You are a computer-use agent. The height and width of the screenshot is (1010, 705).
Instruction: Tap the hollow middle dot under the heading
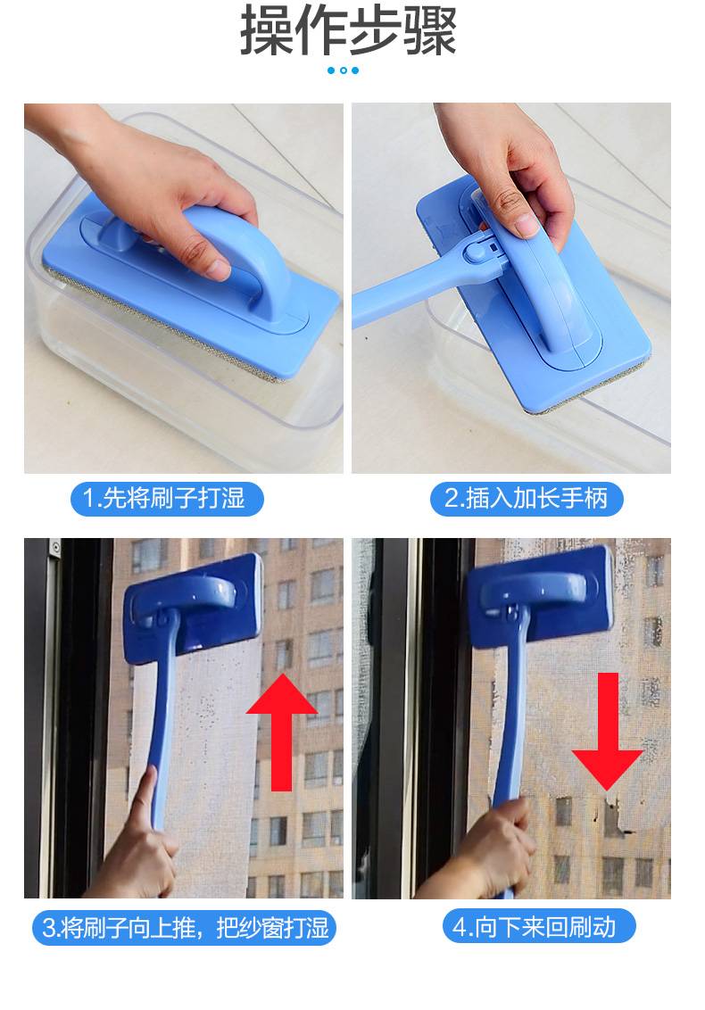pos(344,70)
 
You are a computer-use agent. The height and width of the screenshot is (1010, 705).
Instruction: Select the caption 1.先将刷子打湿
pos(166,499)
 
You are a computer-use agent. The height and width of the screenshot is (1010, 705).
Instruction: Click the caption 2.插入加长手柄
pos(526,499)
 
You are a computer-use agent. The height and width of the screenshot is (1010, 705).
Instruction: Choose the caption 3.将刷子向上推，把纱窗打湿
pos(185,928)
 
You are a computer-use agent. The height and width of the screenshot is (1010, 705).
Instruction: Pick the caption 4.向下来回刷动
pos(539,927)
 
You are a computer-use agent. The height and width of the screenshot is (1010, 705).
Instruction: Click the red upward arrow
pos(282,732)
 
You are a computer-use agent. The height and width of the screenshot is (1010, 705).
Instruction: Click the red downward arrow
pos(607,732)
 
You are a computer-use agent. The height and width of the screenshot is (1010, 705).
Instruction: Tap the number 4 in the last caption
pos(460,928)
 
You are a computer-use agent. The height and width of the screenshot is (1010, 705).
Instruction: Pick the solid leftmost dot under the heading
pos(331,70)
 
